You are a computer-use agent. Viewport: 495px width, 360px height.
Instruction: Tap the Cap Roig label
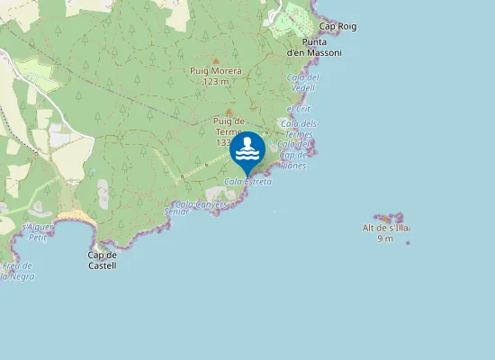click(337, 27)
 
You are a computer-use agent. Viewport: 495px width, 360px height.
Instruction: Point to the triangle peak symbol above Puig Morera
click(216, 60)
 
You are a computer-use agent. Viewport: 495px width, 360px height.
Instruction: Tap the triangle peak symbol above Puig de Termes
click(229, 112)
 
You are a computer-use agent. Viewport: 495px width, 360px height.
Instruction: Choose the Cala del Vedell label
click(302, 82)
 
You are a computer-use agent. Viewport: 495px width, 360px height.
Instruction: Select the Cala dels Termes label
click(299, 129)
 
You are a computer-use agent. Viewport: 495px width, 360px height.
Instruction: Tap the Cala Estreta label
click(247, 182)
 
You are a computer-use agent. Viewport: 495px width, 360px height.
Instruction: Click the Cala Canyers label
click(201, 204)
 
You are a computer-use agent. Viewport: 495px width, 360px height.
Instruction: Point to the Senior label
click(176, 211)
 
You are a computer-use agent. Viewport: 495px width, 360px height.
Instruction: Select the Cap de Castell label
click(102, 260)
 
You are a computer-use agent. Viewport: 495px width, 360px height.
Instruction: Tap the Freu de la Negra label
click(17, 271)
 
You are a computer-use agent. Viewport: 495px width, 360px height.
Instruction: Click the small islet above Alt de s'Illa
click(388, 219)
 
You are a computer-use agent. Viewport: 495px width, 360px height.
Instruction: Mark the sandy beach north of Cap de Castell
click(78, 219)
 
